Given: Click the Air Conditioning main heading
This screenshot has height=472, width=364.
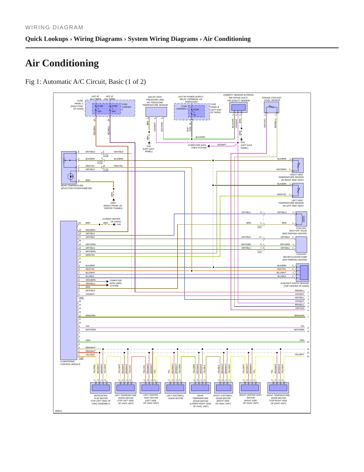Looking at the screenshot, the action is click(x=62, y=63).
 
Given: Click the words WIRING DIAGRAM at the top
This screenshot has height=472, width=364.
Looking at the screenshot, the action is click(x=54, y=28).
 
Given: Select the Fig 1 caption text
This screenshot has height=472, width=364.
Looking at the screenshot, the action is click(x=85, y=82).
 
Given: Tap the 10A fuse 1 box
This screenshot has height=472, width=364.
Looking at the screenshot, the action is click(x=99, y=109).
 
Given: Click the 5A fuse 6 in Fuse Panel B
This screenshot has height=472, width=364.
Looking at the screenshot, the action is click(x=196, y=111).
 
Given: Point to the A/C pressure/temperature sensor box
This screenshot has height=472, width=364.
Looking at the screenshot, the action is click(x=156, y=112).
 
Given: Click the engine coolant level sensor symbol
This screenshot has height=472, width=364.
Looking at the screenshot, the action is click(x=272, y=108).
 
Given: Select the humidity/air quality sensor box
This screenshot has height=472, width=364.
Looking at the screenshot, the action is click(x=238, y=108).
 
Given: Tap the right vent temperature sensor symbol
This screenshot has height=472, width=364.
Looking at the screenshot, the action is click(x=297, y=165).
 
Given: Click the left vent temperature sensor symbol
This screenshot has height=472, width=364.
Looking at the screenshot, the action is click(x=297, y=191).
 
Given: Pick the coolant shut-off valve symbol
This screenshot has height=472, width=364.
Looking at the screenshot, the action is click(x=301, y=219).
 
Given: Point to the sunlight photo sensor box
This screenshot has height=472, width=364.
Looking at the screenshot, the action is click(x=303, y=273).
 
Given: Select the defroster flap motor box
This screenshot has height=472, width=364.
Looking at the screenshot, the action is click(x=101, y=388).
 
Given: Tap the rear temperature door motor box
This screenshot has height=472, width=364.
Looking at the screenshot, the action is click(x=200, y=388).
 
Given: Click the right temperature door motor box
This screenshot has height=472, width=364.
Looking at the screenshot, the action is click(x=278, y=388).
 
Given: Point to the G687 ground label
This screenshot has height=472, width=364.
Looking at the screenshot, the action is click(x=113, y=203).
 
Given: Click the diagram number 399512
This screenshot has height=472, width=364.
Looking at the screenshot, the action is click(x=58, y=411).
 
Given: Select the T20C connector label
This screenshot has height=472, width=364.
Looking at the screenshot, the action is click(x=81, y=298).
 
